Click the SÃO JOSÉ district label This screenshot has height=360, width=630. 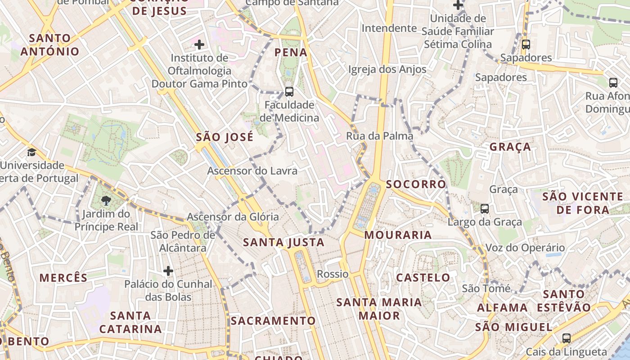[x=225, y=137]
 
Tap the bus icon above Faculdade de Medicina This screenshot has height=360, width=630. [x=289, y=92]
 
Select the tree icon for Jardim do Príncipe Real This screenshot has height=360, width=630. [x=106, y=201]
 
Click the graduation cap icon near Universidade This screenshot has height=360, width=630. [x=31, y=152]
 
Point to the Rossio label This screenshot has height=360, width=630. [x=333, y=274]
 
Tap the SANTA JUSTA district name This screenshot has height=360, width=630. [x=283, y=243]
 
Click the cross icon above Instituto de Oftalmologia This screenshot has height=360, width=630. [x=199, y=45]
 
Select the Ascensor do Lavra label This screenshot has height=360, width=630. [x=252, y=171]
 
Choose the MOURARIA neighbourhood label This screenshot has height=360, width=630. [x=398, y=235]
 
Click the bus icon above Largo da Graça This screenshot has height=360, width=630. [x=485, y=209]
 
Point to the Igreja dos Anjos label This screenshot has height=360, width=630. [x=387, y=69]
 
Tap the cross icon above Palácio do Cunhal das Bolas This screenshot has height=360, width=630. [x=168, y=271]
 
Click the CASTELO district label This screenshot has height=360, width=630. [x=423, y=278]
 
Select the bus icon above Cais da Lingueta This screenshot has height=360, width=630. [x=567, y=338]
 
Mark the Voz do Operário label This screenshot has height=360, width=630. [x=525, y=248]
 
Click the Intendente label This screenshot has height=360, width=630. [x=389, y=28]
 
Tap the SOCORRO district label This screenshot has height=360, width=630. [x=416, y=184]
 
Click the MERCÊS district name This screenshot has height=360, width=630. [x=63, y=278]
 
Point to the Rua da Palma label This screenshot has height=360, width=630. [x=379, y=136]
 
